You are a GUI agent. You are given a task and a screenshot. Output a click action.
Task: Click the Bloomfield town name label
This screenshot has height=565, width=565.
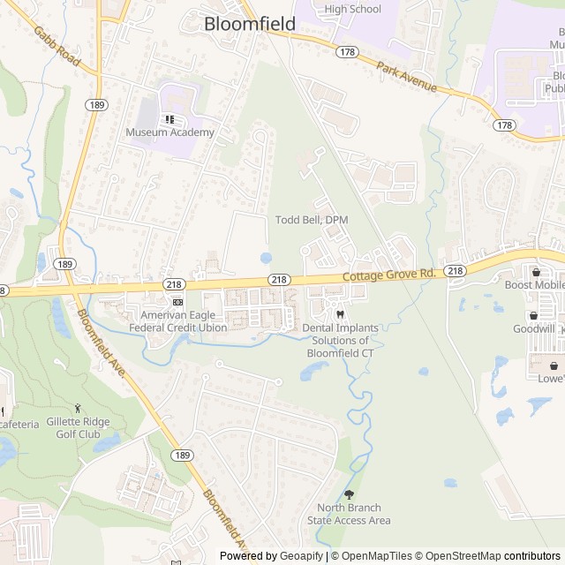pyautogui.click(x=250, y=24)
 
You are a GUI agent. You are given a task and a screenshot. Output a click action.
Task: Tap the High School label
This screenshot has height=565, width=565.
pyautogui.click(x=352, y=9)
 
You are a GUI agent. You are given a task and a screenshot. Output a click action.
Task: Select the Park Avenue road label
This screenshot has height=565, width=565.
pyautogui.click(x=406, y=77)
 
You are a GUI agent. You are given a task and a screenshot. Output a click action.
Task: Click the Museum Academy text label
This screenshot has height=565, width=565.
pyautogui.click(x=169, y=132)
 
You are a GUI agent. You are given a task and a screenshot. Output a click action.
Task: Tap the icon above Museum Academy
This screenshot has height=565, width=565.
pyautogui.click(x=169, y=119)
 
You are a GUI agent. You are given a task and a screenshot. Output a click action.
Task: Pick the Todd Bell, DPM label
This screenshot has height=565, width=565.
pyautogui.click(x=312, y=220)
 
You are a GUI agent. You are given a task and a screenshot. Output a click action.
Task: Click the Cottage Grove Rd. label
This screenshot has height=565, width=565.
pyautogui.click(x=388, y=275)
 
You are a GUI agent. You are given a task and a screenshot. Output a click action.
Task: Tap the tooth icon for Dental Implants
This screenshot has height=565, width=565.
pyautogui.click(x=339, y=313)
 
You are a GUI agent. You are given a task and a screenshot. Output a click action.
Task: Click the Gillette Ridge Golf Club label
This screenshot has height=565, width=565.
pyautogui.click(x=77, y=428)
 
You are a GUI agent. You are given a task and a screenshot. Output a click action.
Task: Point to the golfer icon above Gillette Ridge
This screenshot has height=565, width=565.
pyautogui.click(x=77, y=408)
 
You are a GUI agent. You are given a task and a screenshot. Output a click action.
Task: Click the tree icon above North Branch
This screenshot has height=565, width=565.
pyautogui.click(x=349, y=495)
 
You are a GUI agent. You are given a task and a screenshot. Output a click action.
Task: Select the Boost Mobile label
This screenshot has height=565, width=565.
pyautogui.click(x=534, y=284)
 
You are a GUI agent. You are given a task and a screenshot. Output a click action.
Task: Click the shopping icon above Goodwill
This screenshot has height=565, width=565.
pyautogui.click(x=533, y=315)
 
